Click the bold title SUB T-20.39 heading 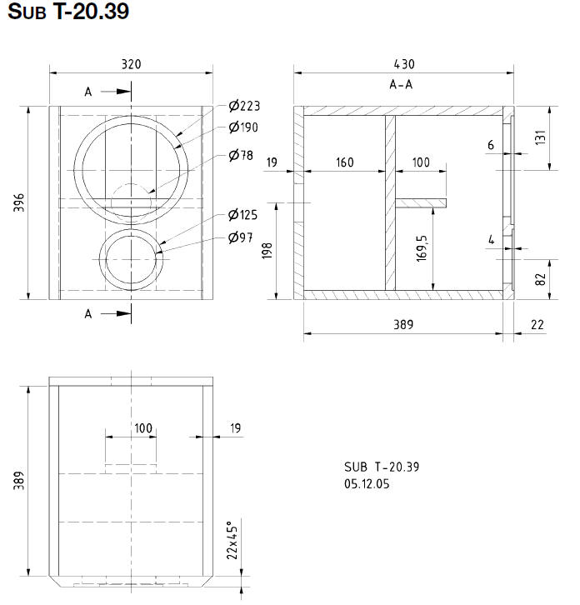pos(67,14)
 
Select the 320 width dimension pos(131,64)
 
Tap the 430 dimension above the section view pos(402,64)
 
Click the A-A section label pos(402,85)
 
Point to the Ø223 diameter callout pos(245,106)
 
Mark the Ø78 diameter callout pos(242,156)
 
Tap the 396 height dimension pos(19,202)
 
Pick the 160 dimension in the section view pos(345,162)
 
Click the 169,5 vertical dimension pos(422,247)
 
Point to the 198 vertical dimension pos(268,251)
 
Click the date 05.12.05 pos(366,483)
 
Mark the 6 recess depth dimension pos(492,145)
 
